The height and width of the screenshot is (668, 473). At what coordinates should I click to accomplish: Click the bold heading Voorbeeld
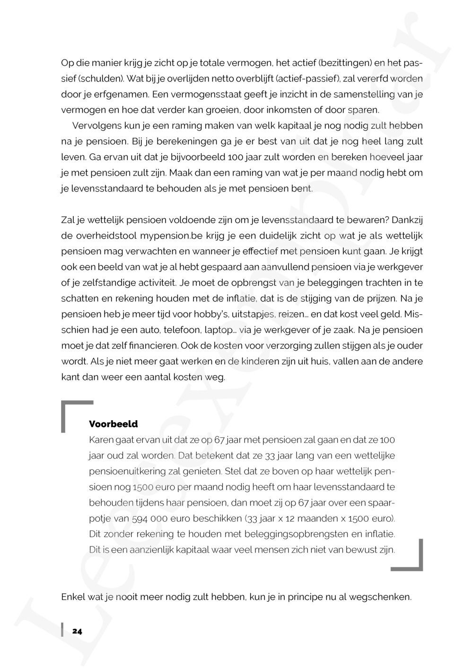(113, 424)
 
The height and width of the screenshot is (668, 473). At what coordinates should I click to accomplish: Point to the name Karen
(101, 440)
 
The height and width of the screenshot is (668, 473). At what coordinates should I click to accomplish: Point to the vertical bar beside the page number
(62, 631)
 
